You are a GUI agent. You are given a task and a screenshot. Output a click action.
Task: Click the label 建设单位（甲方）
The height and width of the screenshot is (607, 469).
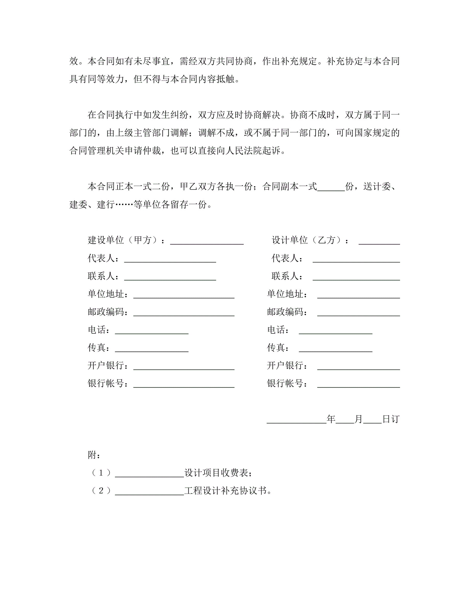click(x=123, y=240)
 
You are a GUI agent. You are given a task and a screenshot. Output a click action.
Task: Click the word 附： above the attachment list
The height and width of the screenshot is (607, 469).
click(x=94, y=455)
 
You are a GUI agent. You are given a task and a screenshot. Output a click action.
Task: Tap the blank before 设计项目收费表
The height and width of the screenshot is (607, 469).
click(x=149, y=474)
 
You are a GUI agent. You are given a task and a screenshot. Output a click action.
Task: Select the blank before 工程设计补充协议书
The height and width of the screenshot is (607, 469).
click(x=149, y=492)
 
